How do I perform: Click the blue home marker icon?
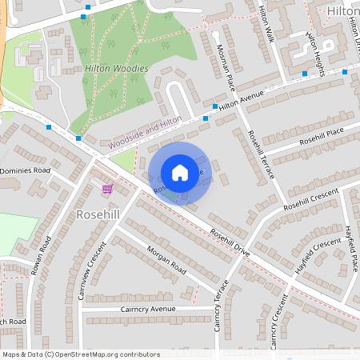coord(180,173)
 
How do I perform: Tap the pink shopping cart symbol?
coord(107,189)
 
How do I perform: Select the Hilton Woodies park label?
coord(117,69)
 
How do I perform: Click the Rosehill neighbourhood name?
coord(97,215)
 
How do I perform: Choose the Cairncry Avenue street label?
coord(148,309)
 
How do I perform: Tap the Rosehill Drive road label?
coord(230,242)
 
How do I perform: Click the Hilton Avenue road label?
coord(241,100)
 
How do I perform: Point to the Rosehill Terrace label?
coord(261,154)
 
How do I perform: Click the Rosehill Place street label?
coord(321,135)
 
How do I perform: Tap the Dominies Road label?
coord(25,171)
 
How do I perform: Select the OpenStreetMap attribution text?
coord(81,354)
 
